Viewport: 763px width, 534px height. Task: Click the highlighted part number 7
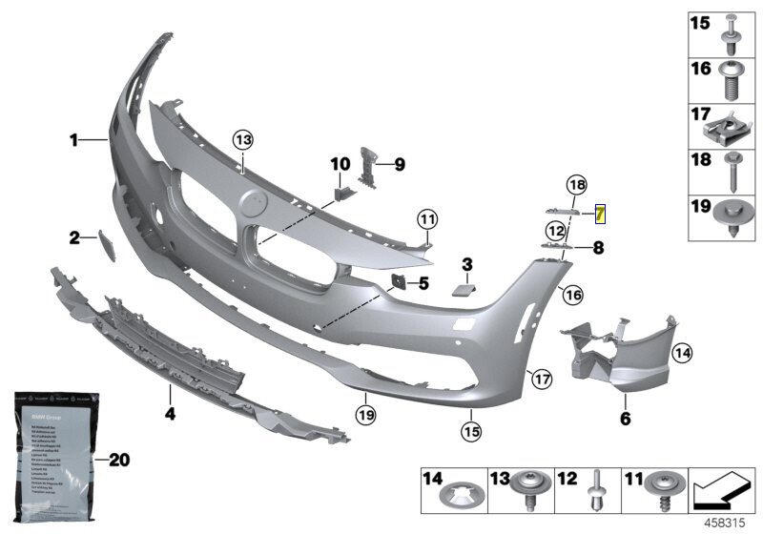pos(599,214)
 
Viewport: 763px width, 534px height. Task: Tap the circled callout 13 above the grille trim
pos(243,140)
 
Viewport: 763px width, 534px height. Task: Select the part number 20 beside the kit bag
pos(117,460)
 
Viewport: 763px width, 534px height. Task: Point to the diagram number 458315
pos(727,524)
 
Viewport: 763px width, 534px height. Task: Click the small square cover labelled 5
pos(397,282)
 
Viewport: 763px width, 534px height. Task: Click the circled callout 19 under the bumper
pos(365,414)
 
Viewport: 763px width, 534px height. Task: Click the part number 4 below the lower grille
pos(170,415)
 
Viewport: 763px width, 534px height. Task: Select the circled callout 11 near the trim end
pos(425,219)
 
